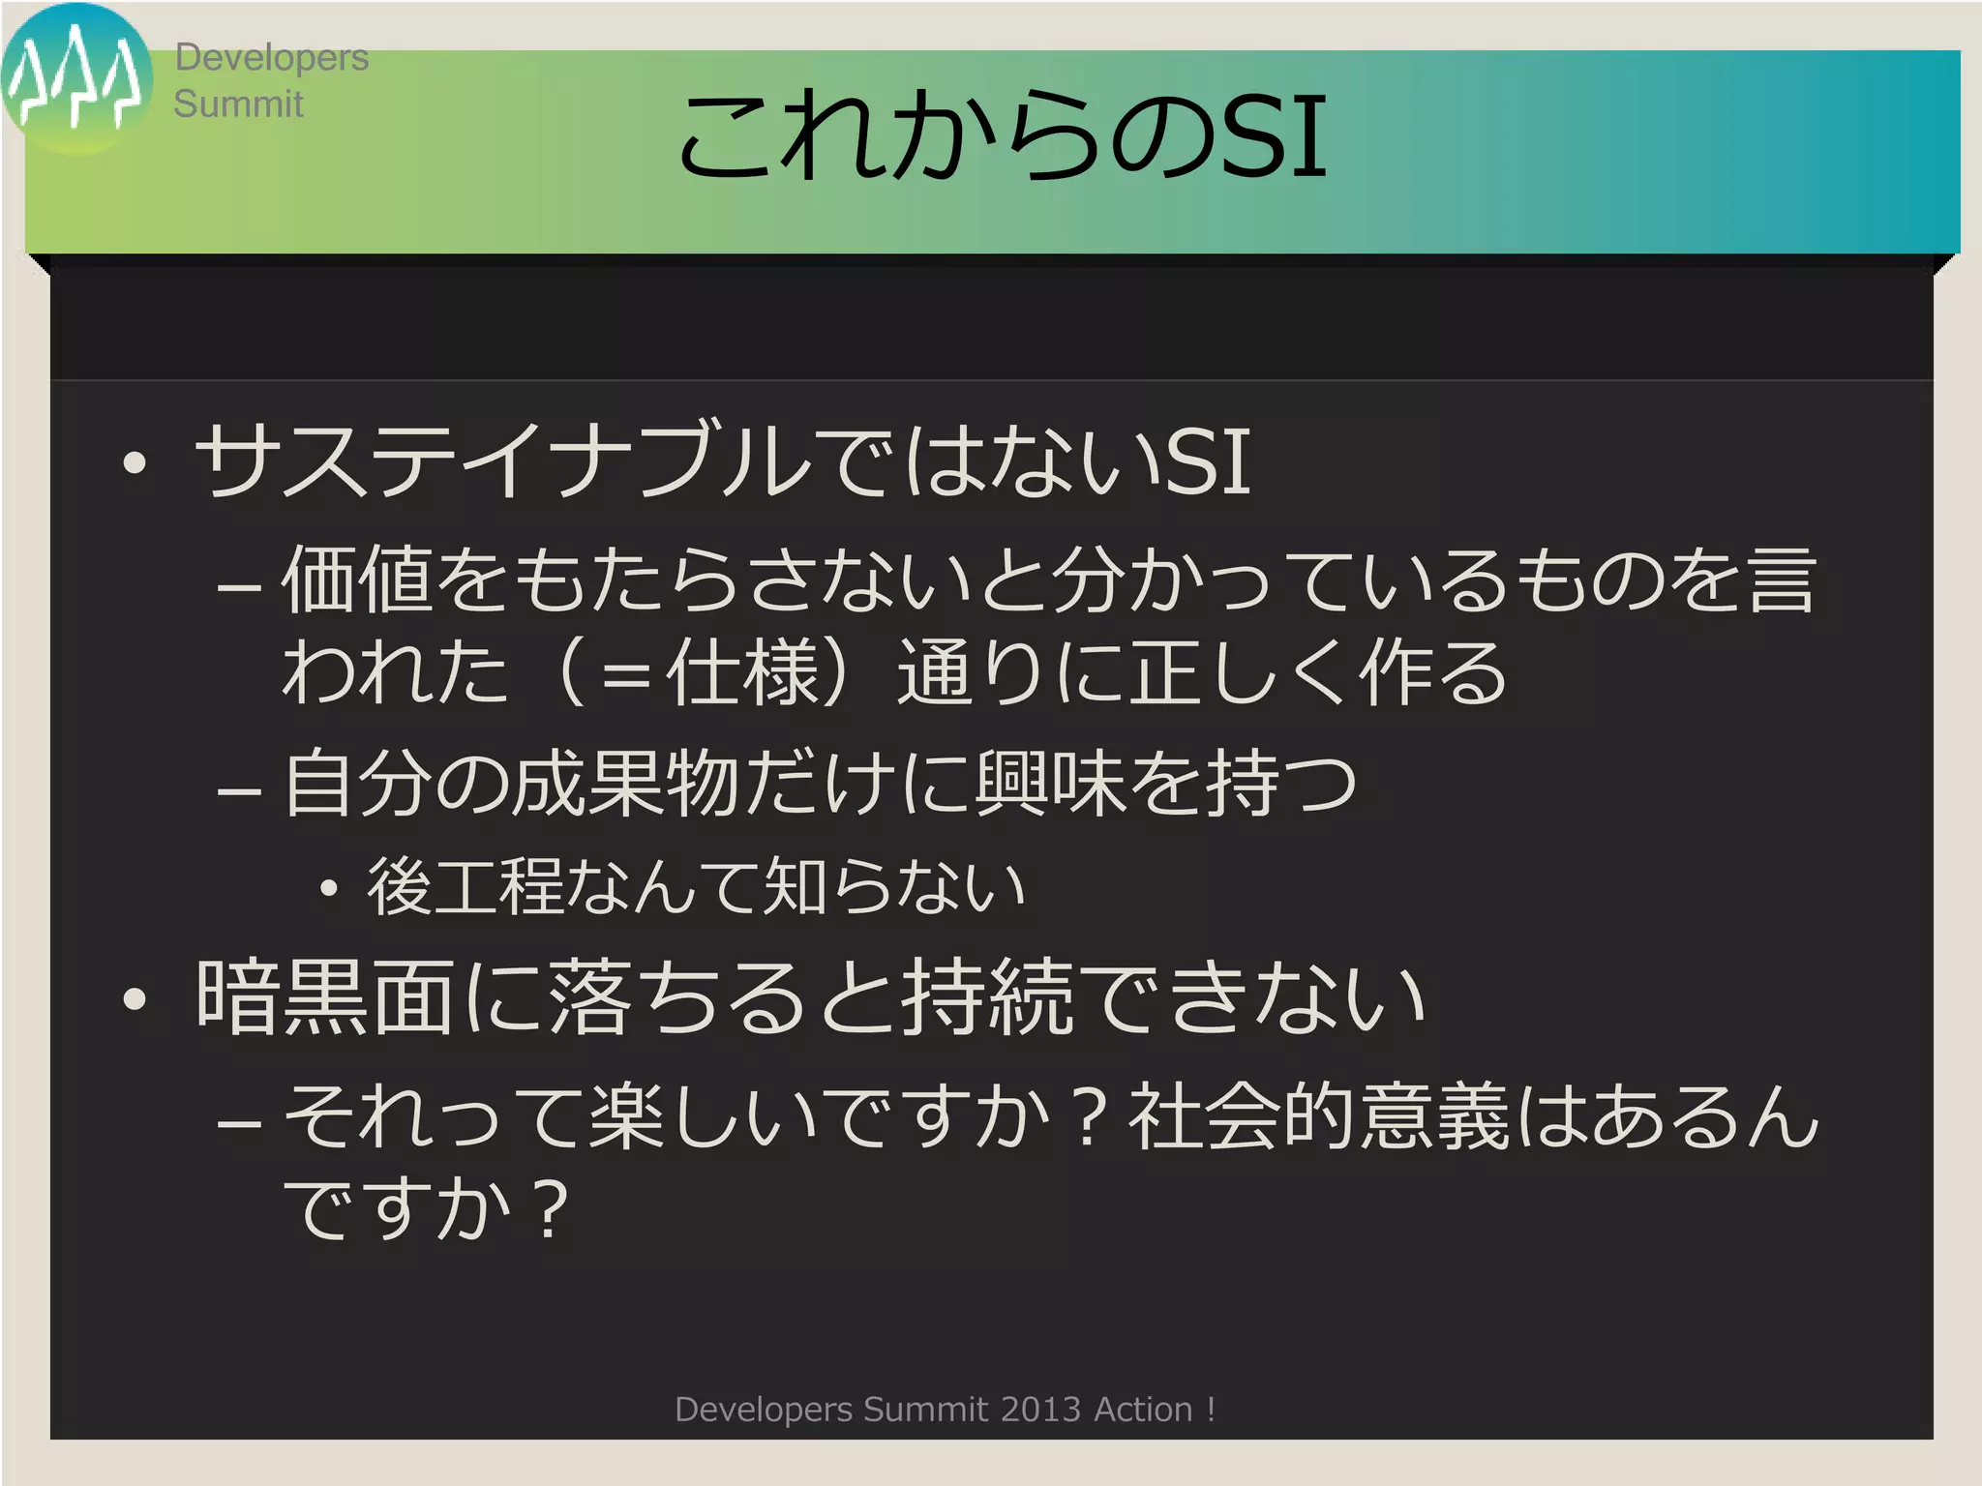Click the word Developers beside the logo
click(x=271, y=58)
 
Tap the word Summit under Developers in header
click(x=238, y=104)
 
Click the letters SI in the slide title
click(x=1273, y=137)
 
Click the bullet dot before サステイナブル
click(x=135, y=462)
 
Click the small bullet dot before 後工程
click(x=329, y=888)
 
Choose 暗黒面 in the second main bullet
click(x=324, y=996)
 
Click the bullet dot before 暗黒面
click(x=135, y=1000)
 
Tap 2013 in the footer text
click(x=1040, y=1410)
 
